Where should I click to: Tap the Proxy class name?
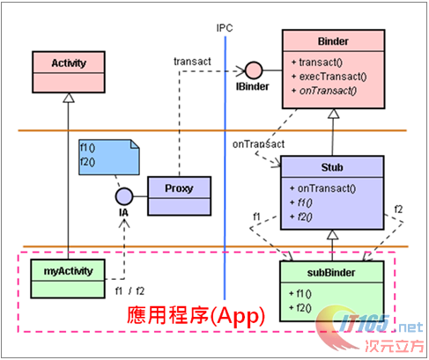coord(179,187)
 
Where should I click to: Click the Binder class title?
coord(332,40)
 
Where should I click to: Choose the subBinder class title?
coord(332,273)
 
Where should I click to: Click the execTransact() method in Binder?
coord(327,77)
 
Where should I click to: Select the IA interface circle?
coord(124,195)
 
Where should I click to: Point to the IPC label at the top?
coord(225,26)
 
